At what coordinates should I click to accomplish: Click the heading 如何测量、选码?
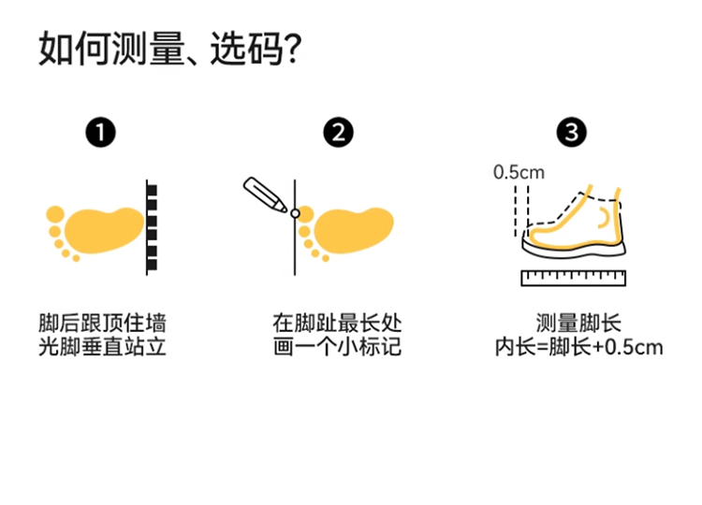(x=168, y=49)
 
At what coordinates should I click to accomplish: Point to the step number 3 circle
(x=572, y=134)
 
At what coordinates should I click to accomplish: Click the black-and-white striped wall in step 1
(x=151, y=227)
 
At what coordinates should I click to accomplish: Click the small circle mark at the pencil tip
(x=296, y=214)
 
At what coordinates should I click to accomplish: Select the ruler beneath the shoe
(x=572, y=277)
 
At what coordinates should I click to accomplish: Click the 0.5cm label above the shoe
(x=519, y=172)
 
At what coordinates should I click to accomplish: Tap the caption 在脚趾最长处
(x=337, y=324)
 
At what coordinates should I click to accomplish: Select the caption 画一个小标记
(x=337, y=348)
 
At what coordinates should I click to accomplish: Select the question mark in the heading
(x=291, y=49)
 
